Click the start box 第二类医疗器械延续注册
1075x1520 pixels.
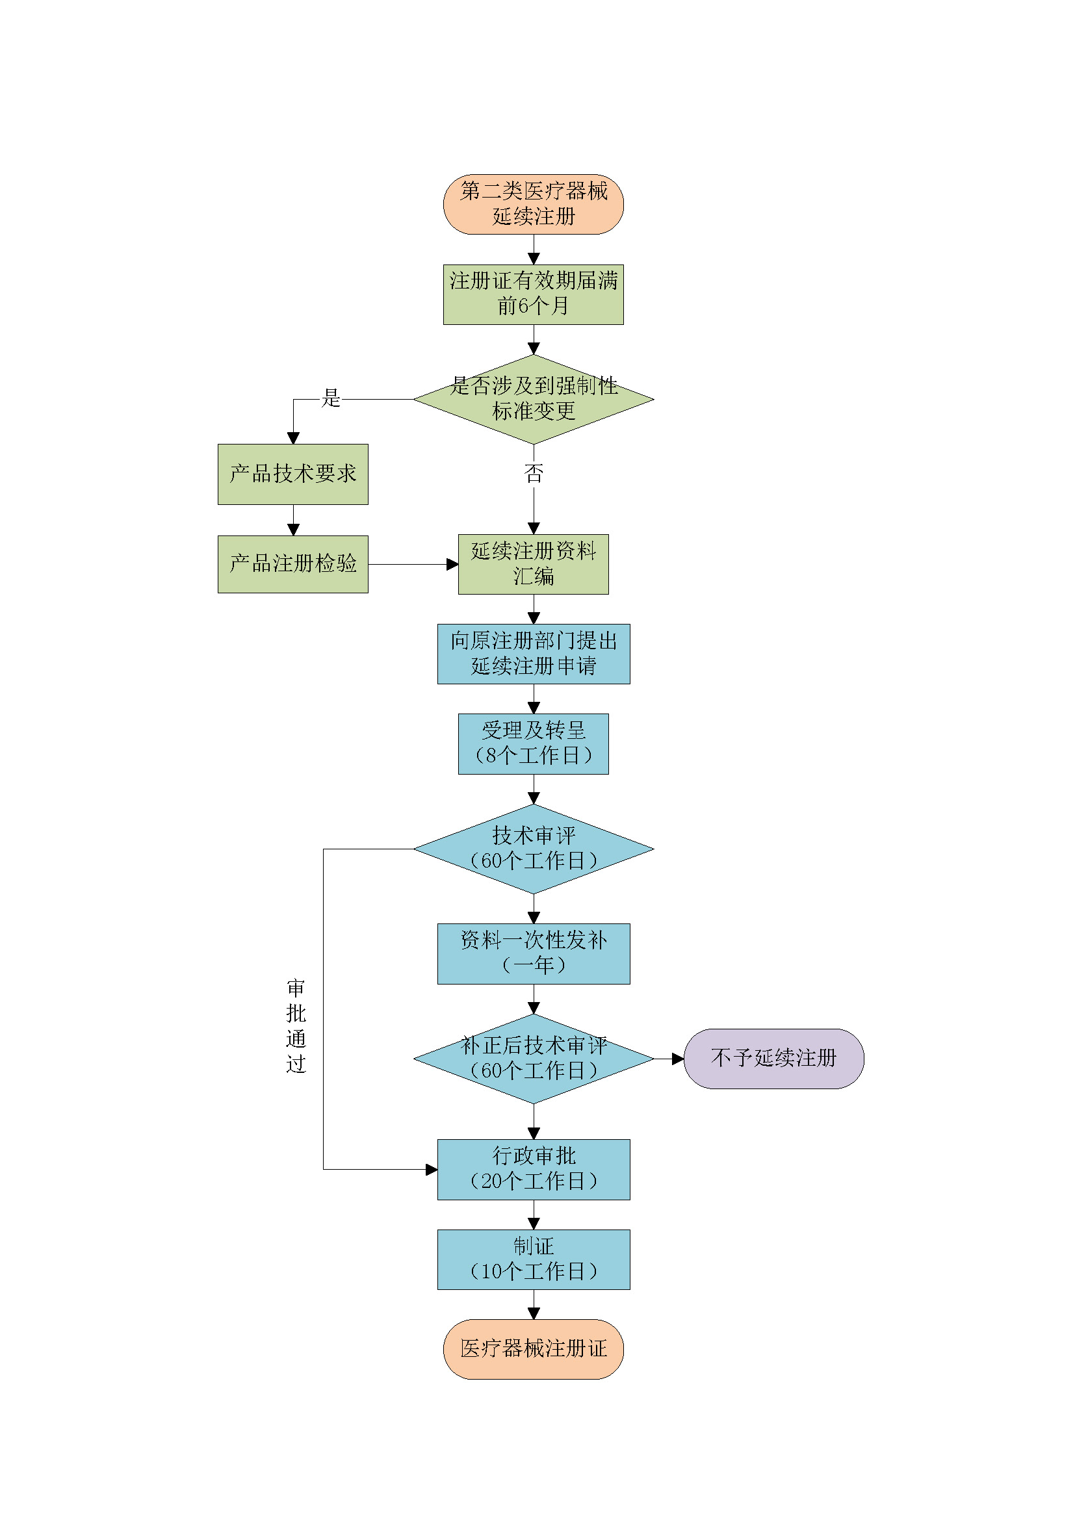(533, 204)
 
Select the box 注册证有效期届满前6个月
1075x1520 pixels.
(533, 294)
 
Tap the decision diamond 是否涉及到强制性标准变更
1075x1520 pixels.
(534, 399)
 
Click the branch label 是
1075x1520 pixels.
(330, 398)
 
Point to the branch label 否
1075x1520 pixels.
(534, 472)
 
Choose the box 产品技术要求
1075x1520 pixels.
(292, 474)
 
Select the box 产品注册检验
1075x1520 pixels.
(292, 564)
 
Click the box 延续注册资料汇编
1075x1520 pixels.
(533, 564)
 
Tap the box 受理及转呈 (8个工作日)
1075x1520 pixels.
(533, 743)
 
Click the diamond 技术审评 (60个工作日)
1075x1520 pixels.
(534, 849)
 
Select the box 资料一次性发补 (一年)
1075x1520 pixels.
(534, 953)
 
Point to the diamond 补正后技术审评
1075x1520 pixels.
(534, 1059)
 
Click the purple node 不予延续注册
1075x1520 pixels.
(774, 1059)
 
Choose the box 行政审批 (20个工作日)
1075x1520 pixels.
(534, 1169)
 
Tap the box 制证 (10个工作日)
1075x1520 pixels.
(534, 1259)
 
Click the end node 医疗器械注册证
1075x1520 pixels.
(533, 1349)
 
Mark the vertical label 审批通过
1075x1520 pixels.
(296, 1025)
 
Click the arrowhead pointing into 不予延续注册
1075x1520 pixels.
(678, 1059)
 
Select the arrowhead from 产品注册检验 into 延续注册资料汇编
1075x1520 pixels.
(452, 564)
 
